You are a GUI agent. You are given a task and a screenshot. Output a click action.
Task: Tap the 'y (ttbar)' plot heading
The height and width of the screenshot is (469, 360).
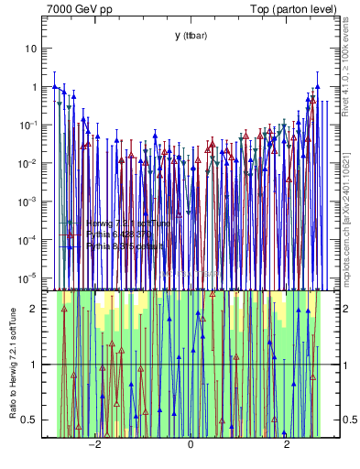pyautogui.click(x=191, y=35)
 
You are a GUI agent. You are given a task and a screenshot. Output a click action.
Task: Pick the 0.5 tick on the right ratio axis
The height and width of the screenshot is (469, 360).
pyautogui.click(x=349, y=420)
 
